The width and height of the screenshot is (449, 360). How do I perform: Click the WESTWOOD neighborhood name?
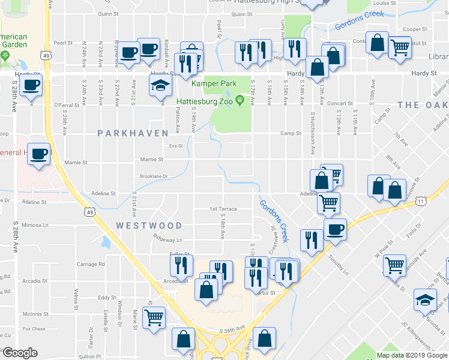pyautogui.click(x=149, y=226)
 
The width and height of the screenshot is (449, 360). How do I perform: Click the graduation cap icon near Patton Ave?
pyautogui.click(x=160, y=86)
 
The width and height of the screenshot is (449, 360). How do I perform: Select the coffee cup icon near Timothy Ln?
pyautogui.click(x=335, y=229)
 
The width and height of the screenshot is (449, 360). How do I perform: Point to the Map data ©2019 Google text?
pyautogui.click(x=412, y=355)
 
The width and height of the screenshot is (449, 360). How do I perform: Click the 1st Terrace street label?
pyautogui.click(x=223, y=209)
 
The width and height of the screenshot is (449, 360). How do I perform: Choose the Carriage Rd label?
pyautogui.click(x=90, y=264)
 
